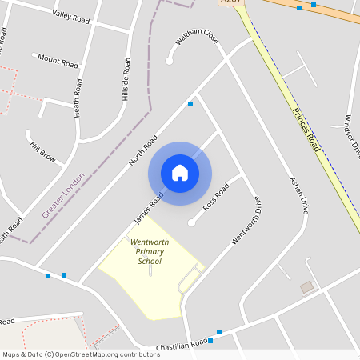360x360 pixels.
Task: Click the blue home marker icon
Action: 180,172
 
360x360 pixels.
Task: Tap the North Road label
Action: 143,150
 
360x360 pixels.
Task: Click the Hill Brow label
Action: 42,152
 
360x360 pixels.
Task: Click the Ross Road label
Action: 216,196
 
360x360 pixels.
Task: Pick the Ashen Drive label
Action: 299,194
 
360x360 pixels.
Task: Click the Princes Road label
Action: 306,130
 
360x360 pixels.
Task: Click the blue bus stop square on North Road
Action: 190,104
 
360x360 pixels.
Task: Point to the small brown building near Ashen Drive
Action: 306,286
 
